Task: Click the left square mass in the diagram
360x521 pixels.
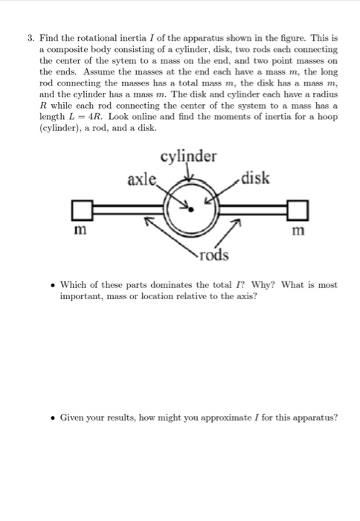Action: [83, 209]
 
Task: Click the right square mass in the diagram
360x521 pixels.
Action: [299, 209]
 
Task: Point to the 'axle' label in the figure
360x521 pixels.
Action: [143, 179]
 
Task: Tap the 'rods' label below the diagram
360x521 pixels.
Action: [215, 256]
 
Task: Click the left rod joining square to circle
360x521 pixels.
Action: [130, 209]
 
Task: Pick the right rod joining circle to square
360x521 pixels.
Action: [253, 209]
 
